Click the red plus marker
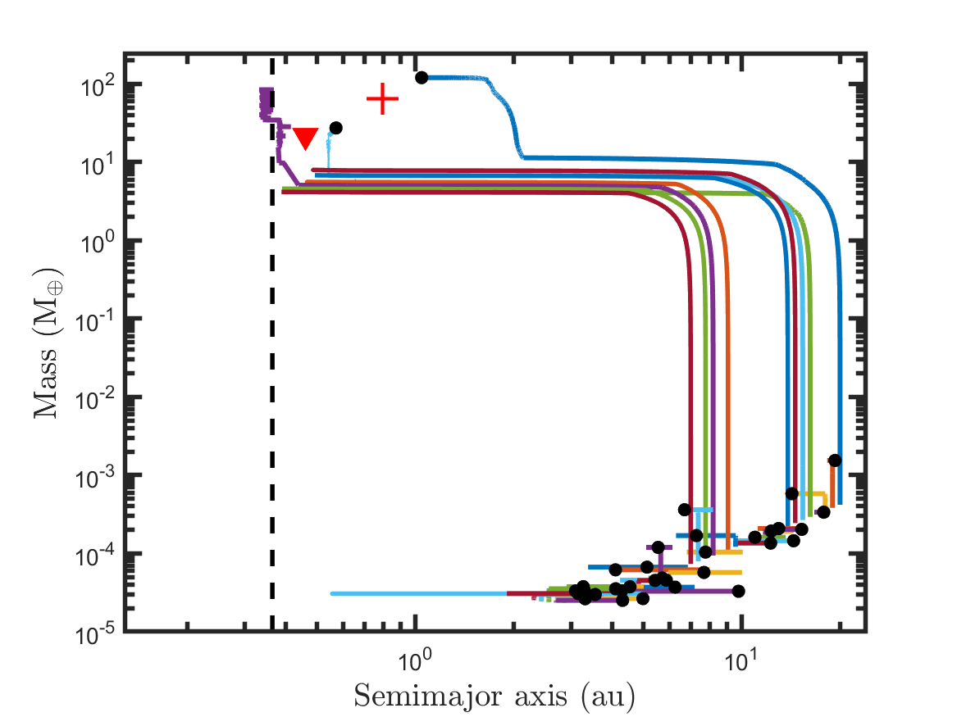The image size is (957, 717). click(x=382, y=99)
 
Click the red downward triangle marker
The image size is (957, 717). click(x=305, y=138)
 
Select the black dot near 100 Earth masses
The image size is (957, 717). click(x=422, y=78)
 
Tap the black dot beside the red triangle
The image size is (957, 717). click(x=335, y=128)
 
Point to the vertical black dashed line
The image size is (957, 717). click(x=272, y=369)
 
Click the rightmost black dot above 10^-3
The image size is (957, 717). click(x=835, y=460)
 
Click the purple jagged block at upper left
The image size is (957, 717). click(x=266, y=102)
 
